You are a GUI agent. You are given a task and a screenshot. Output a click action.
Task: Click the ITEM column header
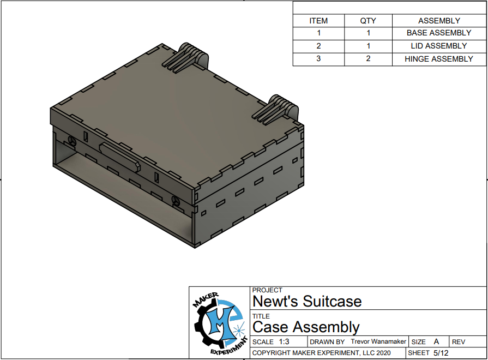coord(318,21)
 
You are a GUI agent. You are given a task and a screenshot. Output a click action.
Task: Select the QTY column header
coord(368,21)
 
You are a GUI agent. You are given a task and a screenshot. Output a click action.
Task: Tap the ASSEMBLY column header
coord(439,21)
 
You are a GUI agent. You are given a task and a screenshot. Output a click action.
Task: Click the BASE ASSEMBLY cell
coord(439,33)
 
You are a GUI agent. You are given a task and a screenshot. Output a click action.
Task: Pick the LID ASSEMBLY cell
coord(439,46)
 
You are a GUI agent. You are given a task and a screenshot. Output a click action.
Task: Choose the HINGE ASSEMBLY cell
coord(439,59)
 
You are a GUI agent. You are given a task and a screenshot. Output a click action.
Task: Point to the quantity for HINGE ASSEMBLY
coord(368,59)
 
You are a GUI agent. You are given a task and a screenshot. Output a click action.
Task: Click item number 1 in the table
coord(318,33)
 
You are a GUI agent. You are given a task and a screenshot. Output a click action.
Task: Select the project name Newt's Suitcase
coord(307,302)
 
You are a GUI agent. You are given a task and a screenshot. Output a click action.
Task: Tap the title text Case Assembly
coord(306,327)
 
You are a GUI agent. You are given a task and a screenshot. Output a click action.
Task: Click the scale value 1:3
coord(284,342)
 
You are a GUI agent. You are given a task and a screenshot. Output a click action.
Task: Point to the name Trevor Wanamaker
coord(378,341)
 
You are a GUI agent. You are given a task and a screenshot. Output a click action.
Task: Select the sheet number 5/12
coord(441,353)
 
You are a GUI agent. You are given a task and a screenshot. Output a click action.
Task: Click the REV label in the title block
coord(459,342)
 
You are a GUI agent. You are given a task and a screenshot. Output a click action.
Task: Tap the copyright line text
coord(321,353)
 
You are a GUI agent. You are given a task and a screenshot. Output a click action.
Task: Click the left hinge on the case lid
coord(186,58)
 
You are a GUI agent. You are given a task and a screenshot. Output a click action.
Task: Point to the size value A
coord(436,341)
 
